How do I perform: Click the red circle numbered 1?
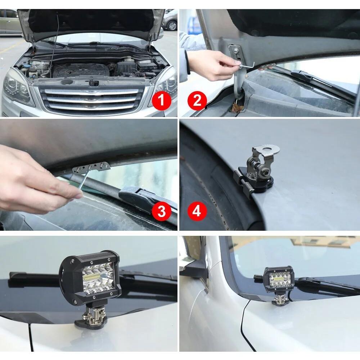pyautogui.click(x=161, y=100)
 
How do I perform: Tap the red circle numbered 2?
pyautogui.click(x=197, y=100)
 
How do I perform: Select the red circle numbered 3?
pyautogui.click(x=161, y=211)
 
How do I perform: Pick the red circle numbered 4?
pyautogui.click(x=197, y=211)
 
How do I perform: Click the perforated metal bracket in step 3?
pyautogui.click(x=91, y=167)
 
